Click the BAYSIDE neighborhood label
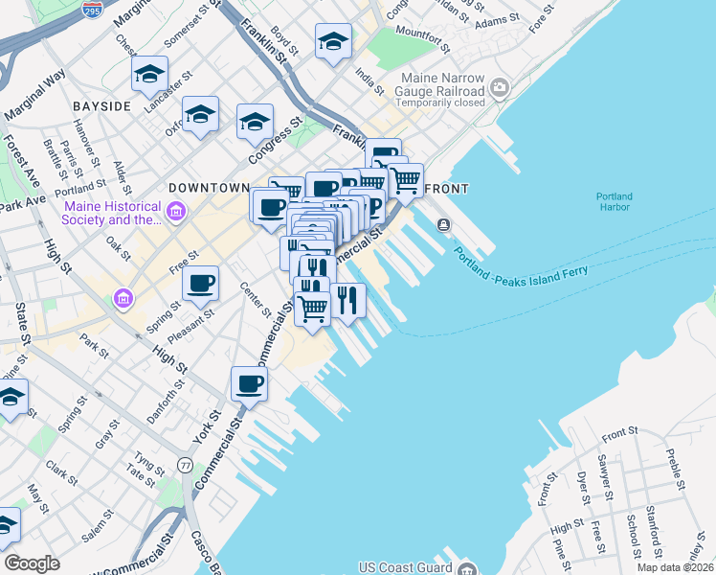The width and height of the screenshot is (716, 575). (x=100, y=106)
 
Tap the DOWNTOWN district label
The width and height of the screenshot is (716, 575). (x=209, y=188)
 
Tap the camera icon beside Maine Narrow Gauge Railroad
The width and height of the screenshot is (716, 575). (x=499, y=89)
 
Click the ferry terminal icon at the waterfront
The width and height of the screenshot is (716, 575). (x=444, y=224)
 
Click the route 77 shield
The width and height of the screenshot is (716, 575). (x=185, y=465)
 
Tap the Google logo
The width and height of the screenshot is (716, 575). (x=32, y=563)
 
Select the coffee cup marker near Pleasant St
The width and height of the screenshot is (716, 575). (x=201, y=283)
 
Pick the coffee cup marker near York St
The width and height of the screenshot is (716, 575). (x=249, y=383)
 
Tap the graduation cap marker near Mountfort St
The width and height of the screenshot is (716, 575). (x=333, y=41)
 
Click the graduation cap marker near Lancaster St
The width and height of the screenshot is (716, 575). (x=150, y=74)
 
